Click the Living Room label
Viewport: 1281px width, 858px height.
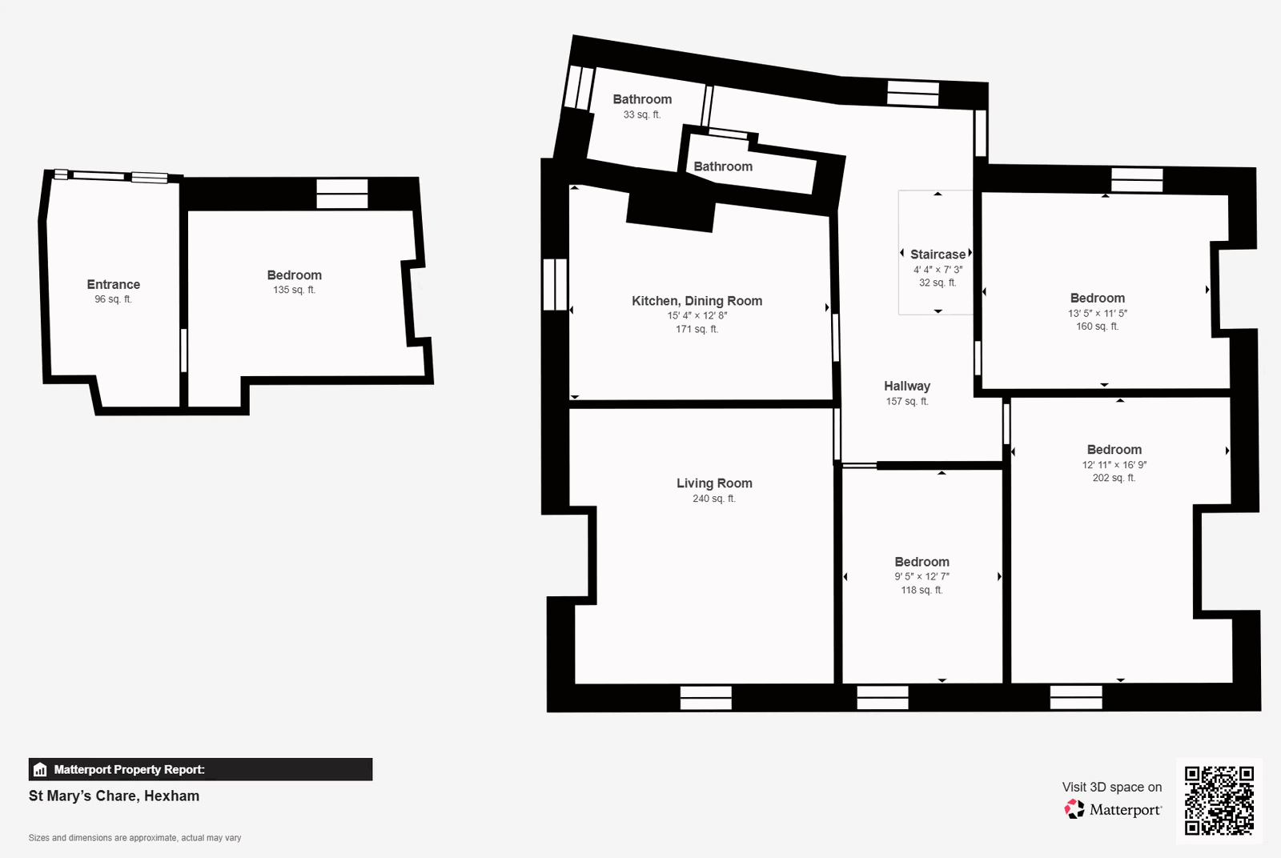click(714, 483)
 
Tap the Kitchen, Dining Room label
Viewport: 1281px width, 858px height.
click(697, 301)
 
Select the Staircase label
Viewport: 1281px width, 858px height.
click(938, 255)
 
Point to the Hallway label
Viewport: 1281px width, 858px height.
click(907, 387)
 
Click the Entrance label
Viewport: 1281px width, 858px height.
click(113, 285)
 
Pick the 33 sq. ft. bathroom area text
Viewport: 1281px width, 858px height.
click(641, 115)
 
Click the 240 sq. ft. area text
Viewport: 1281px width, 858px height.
click(714, 499)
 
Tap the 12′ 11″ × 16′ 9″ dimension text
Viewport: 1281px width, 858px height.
click(1114, 465)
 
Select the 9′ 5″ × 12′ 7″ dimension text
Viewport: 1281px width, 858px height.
click(922, 577)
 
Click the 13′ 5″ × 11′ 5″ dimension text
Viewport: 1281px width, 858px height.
click(1098, 313)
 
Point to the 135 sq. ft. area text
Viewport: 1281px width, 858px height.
click(294, 290)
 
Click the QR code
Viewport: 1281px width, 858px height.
click(1219, 800)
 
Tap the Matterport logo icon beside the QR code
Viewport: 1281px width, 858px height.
click(1074, 809)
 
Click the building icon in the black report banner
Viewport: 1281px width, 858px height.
click(40, 769)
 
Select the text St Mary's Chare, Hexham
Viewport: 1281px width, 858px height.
click(114, 796)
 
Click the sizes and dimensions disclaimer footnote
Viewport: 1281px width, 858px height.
click(135, 838)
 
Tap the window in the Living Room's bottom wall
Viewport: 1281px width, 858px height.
click(705, 698)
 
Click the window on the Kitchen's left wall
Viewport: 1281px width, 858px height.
click(555, 284)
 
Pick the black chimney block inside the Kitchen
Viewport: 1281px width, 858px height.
click(671, 211)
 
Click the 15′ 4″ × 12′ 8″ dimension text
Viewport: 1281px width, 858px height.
click(697, 315)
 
